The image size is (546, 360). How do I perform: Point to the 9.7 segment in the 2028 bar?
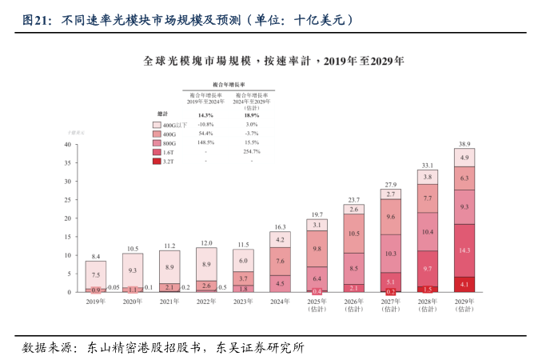coord(428,269)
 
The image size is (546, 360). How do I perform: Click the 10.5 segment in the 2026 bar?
coord(353,234)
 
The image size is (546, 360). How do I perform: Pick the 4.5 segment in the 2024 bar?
coord(280,282)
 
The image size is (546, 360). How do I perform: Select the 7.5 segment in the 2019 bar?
coord(96,274)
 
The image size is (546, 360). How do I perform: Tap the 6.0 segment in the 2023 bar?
coord(243,261)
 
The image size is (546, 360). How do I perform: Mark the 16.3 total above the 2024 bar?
coord(280,227)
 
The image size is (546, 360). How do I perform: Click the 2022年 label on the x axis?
coord(206,302)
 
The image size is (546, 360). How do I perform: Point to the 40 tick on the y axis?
coord(67,145)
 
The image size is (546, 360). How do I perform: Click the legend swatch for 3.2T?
coord(157,161)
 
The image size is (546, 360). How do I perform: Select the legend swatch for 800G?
coord(157,142)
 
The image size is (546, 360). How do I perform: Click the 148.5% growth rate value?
coord(206,142)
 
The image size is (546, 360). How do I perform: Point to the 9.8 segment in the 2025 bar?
coord(317,248)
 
